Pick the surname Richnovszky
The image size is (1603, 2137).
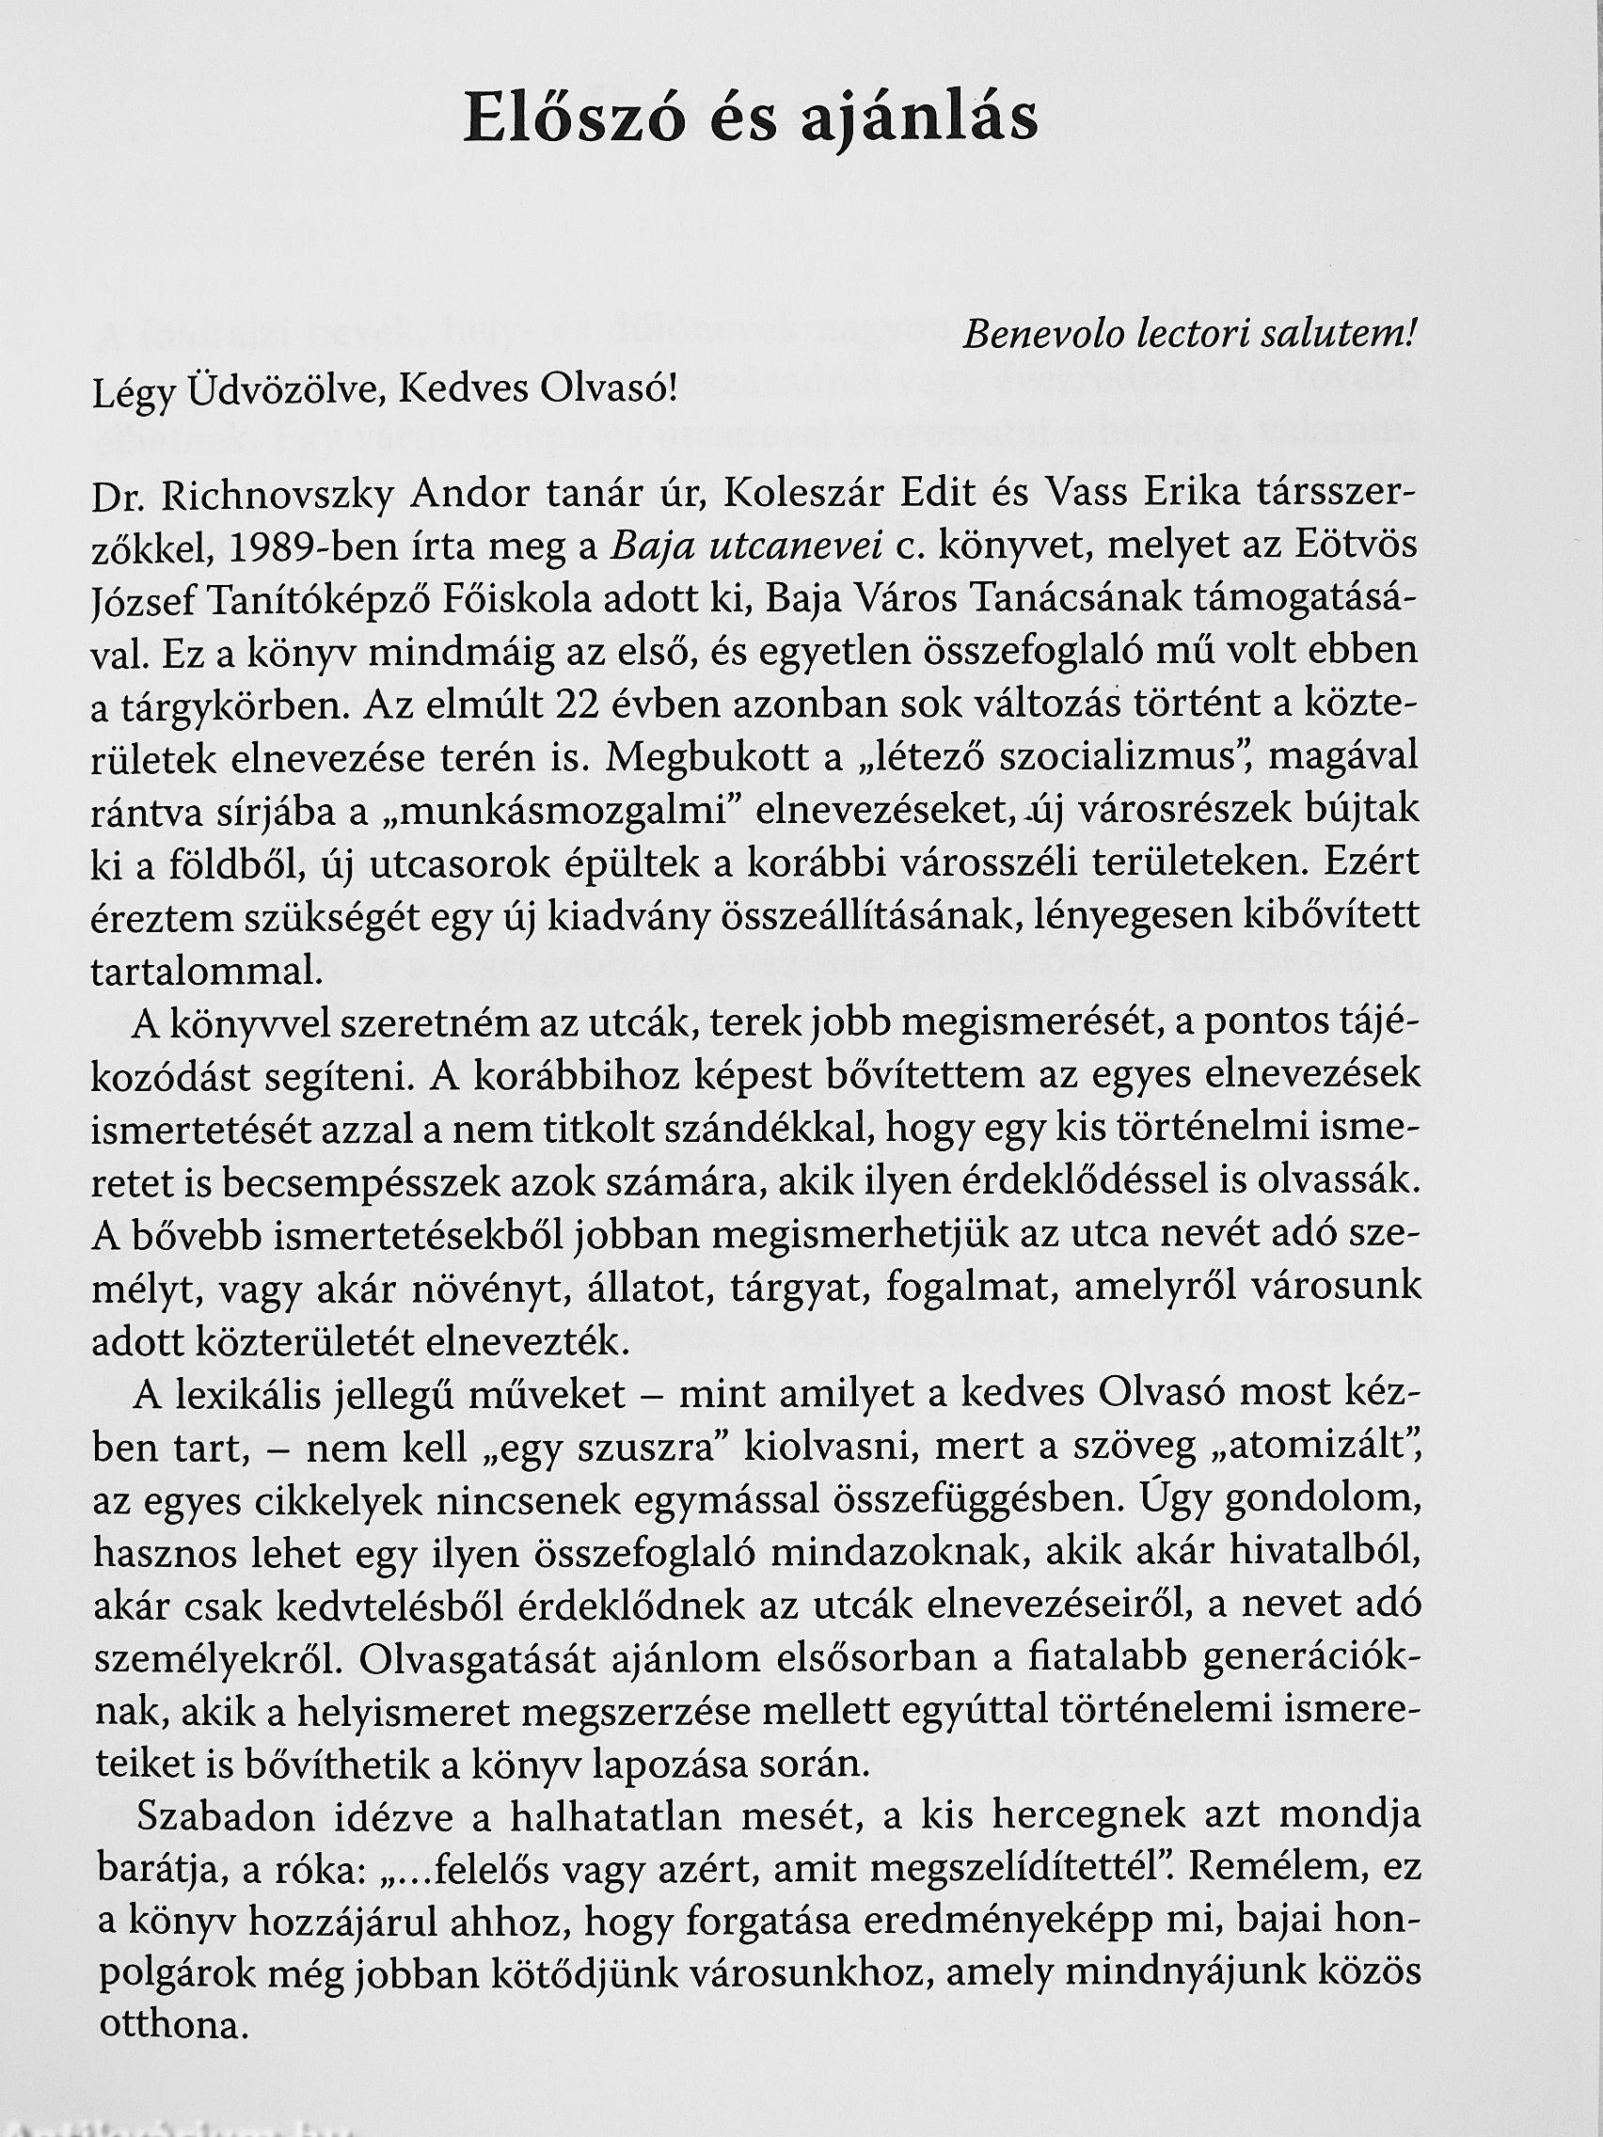[278, 498]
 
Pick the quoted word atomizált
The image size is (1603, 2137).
[1312, 1447]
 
